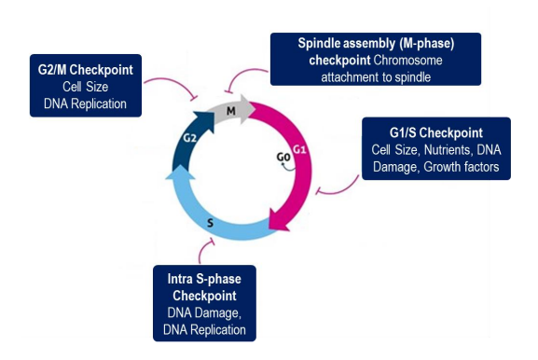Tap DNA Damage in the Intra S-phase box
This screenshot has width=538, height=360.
201,312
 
